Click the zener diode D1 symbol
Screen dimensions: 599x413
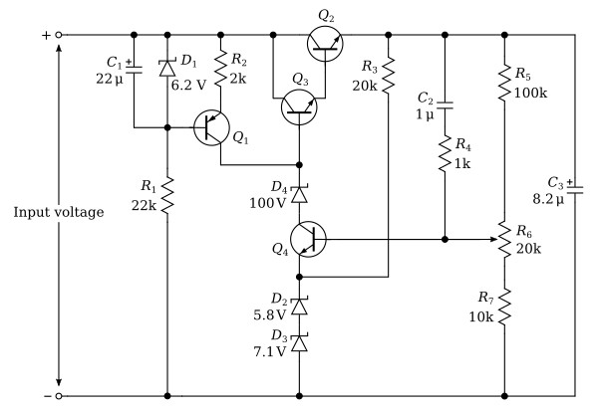[167, 68]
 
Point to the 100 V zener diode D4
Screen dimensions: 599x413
[299, 194]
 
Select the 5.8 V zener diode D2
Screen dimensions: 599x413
[299, 306]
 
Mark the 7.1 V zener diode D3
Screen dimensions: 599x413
[299, 342]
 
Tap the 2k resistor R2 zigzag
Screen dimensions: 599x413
[220, 71]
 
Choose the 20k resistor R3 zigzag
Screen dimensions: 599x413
[388, 75]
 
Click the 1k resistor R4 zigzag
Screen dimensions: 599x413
[445, 153]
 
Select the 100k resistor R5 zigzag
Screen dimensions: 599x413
[504, 83]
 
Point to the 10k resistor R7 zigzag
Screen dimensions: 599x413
[504, 307]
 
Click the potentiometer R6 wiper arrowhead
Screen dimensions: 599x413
[494, 239]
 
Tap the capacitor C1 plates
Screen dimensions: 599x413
[134, 70]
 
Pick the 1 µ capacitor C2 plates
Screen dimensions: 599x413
[445, 105]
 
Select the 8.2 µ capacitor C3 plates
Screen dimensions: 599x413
[575, 190]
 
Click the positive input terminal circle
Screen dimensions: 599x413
[59, 35]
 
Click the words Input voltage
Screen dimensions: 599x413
[59, 212]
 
